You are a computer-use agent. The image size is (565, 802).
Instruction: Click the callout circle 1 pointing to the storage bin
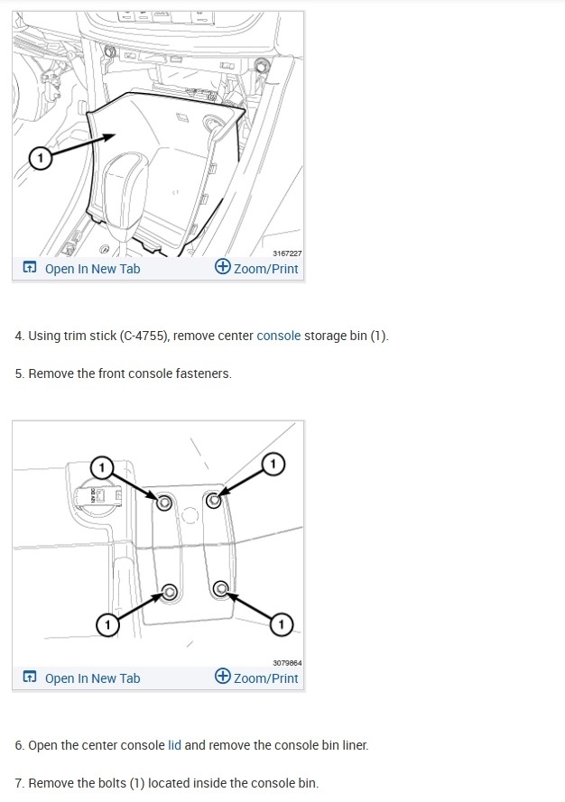[x=41, y=158]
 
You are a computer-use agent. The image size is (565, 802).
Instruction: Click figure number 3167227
[x=287, y=254]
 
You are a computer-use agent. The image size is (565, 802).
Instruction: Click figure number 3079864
[x=287, y=663]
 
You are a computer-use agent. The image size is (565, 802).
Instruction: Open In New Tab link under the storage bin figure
[x=81, y=269]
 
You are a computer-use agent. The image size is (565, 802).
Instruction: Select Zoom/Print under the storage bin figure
[x=256, y=268]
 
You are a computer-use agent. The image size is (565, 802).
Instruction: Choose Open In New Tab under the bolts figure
[x=81, y=678]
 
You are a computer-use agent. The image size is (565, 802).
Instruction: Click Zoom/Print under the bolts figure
[x=256, y=678]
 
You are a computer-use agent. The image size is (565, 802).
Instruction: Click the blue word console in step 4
[x=278, y=336]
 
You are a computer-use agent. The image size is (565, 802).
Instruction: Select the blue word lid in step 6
[x=174, y=745]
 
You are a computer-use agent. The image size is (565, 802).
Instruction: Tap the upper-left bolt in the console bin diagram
[x=163, y=503]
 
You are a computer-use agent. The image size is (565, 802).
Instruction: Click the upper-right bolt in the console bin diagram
[x=213, y=500]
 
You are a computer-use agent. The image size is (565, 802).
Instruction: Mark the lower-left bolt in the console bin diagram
[x=170, y=592]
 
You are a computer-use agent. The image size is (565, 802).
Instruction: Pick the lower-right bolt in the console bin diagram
[x=220, y=588]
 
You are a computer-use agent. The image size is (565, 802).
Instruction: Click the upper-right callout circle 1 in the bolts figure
[x=273, y=464]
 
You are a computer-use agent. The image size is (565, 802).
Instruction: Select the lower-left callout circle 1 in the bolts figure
[x=107, y=624]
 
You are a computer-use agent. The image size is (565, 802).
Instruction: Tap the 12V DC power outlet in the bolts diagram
[x=98, y=494]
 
